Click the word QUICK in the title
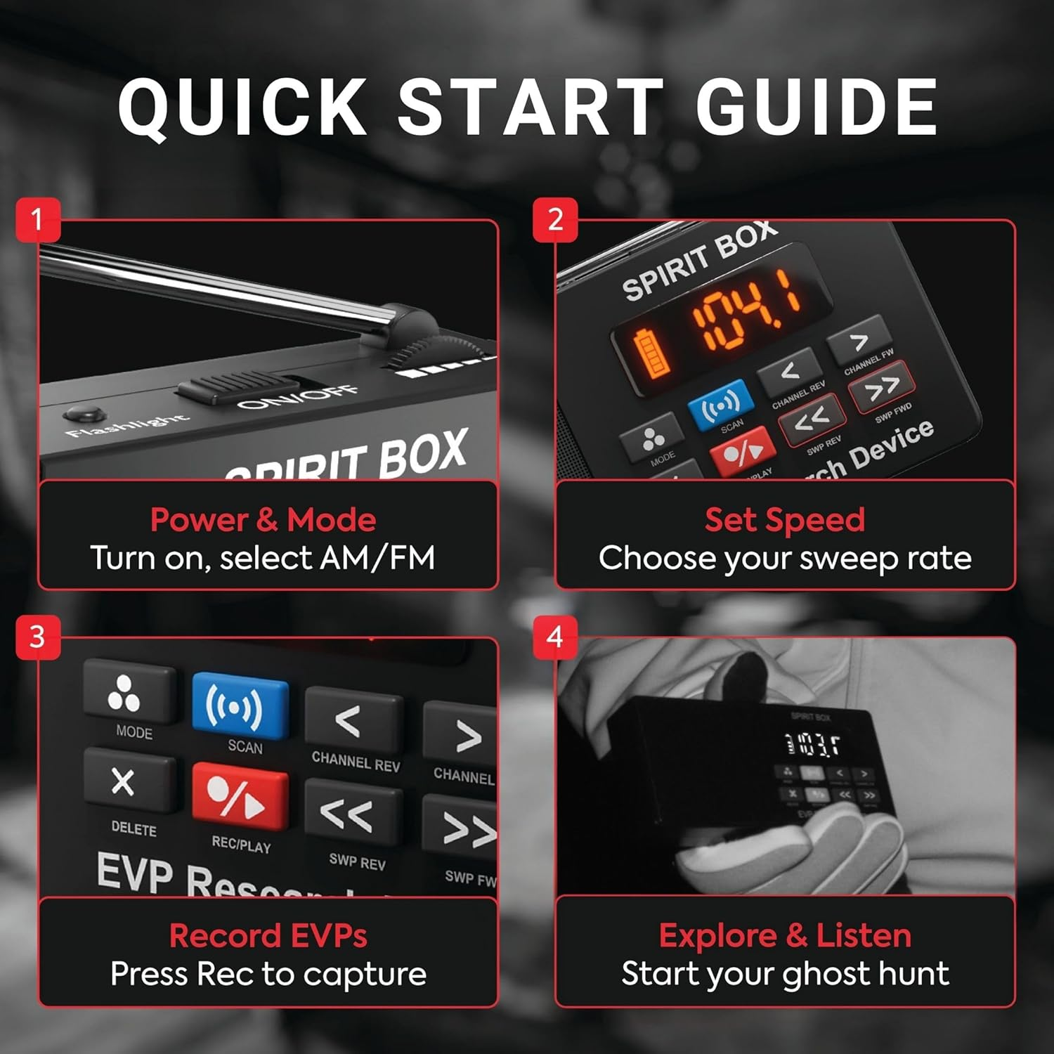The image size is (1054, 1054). point(242,107)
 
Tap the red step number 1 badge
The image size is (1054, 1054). point(38,220)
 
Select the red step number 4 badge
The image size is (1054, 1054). point(555,637)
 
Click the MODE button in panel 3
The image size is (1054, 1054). point(129,691)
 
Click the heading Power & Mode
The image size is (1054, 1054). point(263,520)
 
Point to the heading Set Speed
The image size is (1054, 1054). point(784,520)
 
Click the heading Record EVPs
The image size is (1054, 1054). point(268,936)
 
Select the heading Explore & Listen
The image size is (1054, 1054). point(784,936)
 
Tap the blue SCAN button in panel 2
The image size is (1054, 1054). point(720,404)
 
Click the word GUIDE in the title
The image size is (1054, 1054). point(816,107)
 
